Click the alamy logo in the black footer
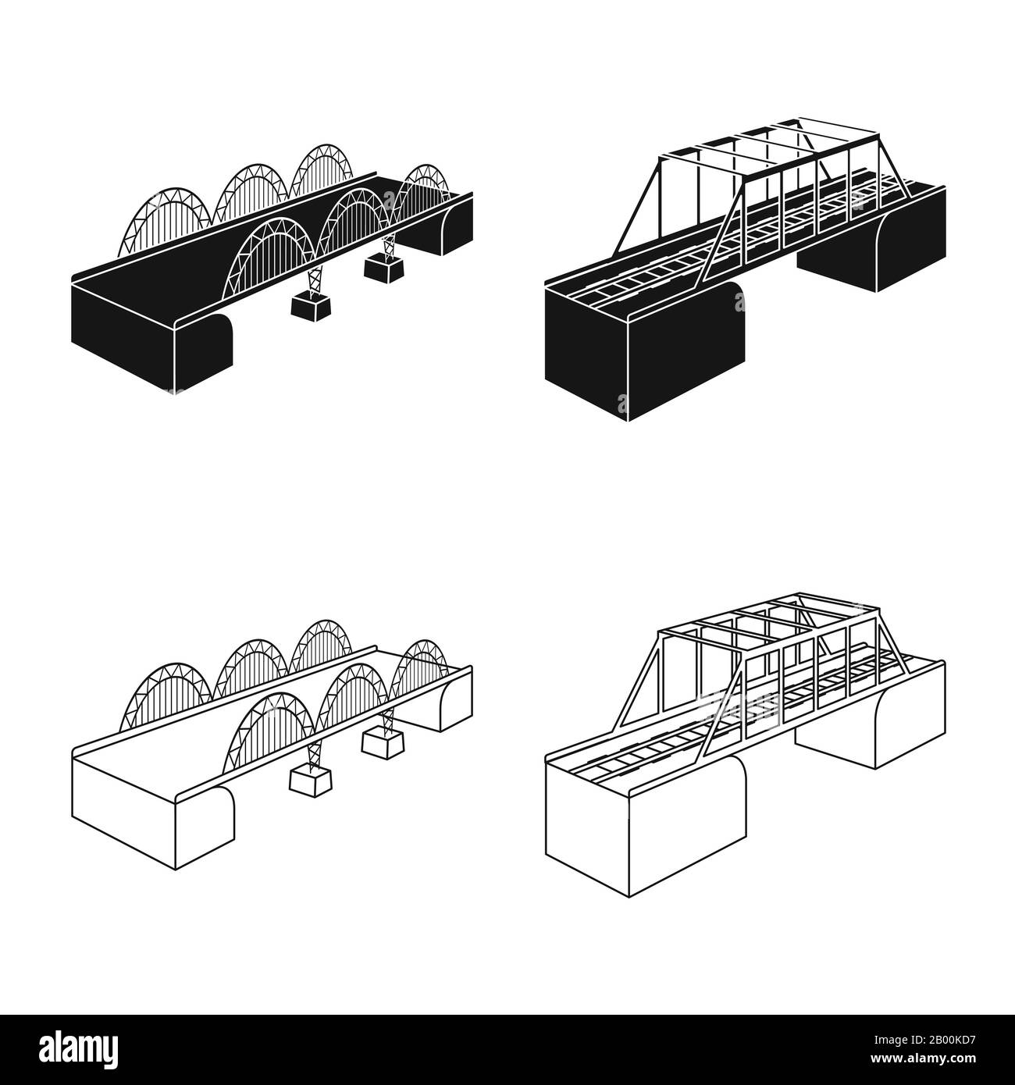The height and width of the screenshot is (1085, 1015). pos(86,1050)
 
